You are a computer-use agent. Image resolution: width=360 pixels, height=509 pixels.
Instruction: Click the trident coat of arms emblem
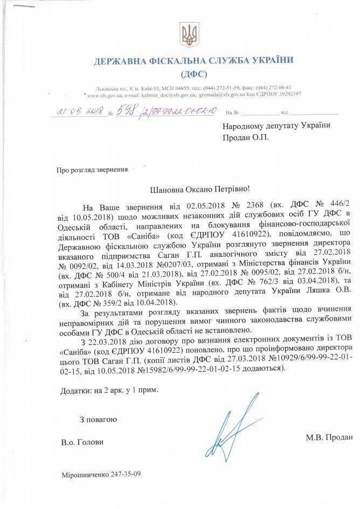[x=190, y=36]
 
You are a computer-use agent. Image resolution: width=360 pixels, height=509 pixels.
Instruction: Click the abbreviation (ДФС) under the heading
[x=190, y=73]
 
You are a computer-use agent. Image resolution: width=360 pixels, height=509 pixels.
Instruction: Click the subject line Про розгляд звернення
[x=92, y=170]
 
